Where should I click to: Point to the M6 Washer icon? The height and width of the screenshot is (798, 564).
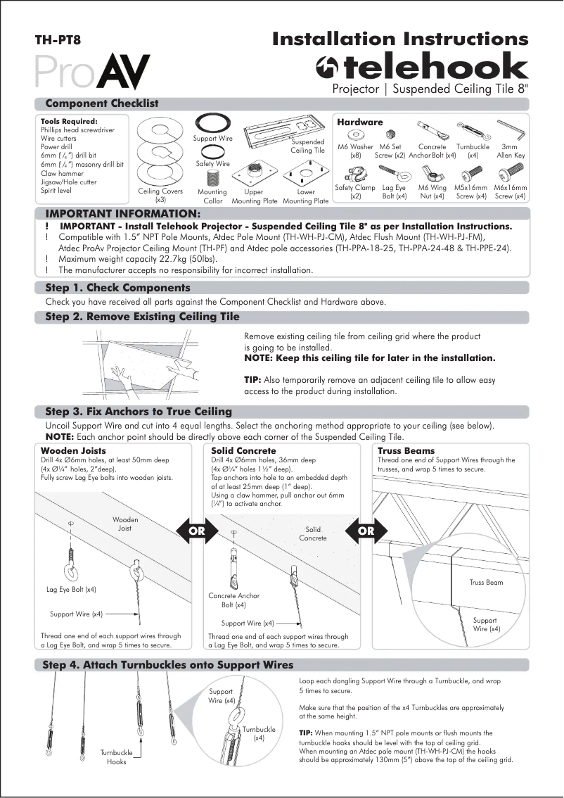tap(356, 134)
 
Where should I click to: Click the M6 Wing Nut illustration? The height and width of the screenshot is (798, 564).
tap(432, 172)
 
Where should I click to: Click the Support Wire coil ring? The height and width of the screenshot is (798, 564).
tap(212, 123)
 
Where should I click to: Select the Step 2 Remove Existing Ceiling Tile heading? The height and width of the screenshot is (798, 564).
tap(143, 317)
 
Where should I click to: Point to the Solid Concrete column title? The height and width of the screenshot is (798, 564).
tap(243, 450)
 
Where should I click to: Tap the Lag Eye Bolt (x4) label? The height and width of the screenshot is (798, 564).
tap(72, 589)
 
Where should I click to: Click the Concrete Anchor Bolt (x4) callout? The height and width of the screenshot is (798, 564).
tap(233, 600)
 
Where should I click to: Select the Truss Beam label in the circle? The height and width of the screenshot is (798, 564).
tap(486, 582)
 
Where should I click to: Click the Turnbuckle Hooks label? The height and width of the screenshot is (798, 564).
tap(117, 757)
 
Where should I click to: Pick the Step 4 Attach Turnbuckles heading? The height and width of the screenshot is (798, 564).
tap(169, 664)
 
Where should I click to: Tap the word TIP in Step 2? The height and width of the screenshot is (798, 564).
tap(252, 380)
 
